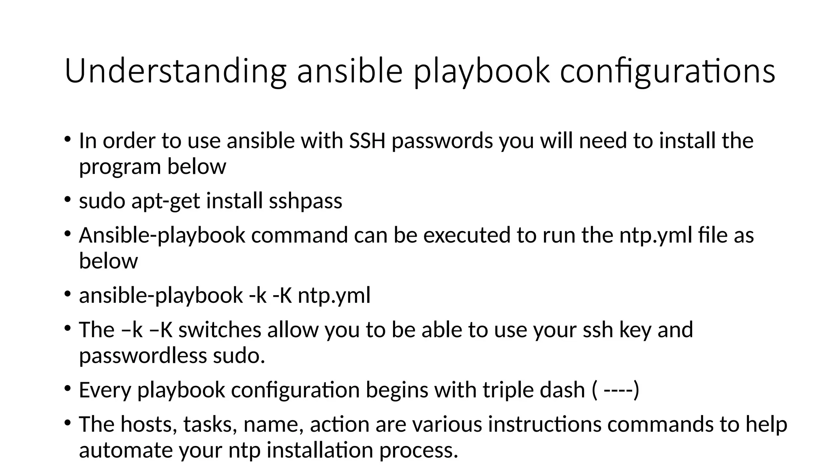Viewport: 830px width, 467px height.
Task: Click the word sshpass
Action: point(306,201)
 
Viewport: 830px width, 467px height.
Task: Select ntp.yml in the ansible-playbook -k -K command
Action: point(334,295)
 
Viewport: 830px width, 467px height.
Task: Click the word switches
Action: point(220,329)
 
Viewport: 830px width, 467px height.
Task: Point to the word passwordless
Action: point(143,356)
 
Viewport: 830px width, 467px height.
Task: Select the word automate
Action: point(126,450)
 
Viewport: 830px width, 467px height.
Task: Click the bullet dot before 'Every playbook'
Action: point(68,388)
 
